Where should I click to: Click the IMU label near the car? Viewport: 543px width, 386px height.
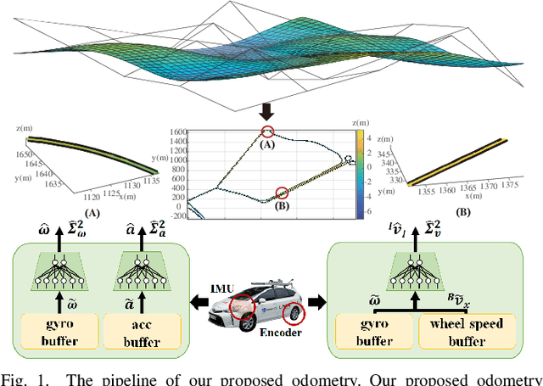pos(222,288)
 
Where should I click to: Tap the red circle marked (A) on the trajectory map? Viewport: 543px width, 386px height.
pos(268,131)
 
